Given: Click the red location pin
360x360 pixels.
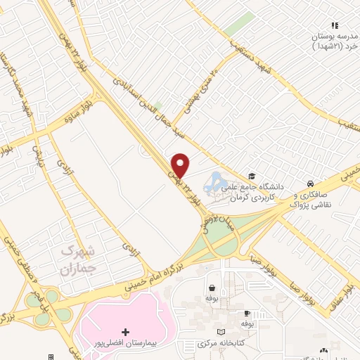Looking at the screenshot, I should coord(181,165).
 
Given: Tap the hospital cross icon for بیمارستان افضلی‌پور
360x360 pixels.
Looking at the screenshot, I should coord(126,331).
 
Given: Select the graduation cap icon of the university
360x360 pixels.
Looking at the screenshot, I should coord(252,176).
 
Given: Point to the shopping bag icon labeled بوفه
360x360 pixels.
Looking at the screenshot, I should coord(212,288).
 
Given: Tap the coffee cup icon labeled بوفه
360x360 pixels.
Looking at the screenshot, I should coord(247,313).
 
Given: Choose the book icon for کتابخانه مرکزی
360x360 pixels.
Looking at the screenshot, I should coord(221,331).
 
